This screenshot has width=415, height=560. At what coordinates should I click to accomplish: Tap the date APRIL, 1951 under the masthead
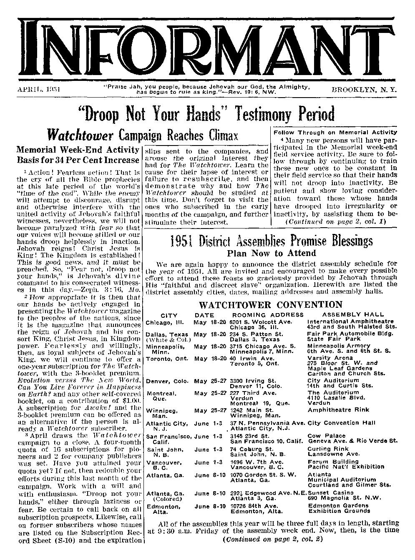(39, 89)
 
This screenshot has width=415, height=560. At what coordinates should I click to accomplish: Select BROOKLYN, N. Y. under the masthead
(364, 89)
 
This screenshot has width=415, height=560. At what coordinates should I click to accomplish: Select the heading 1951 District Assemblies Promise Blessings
(271, 241)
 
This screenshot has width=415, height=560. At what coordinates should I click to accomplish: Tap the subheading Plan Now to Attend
(271, 253)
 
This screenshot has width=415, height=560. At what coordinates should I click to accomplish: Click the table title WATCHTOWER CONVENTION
(270, 305)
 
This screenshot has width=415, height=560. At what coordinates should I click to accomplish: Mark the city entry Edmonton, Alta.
(163, 509)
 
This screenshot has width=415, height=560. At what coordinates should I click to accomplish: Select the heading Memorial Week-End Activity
(78, 149)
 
